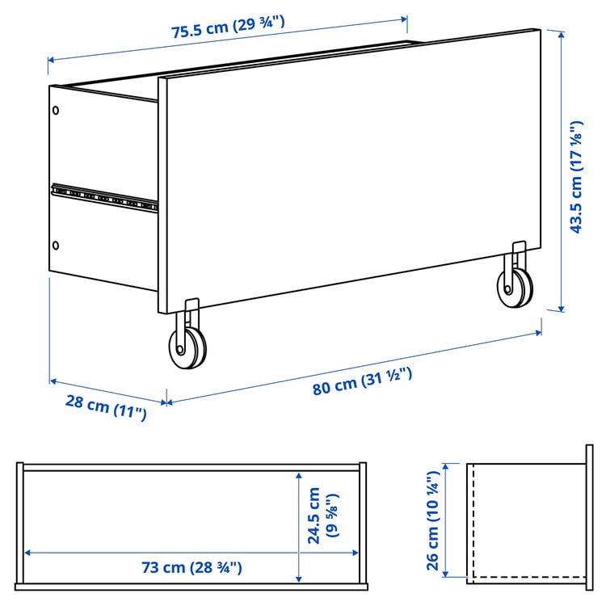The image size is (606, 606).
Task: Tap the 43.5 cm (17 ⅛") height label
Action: [576, 177]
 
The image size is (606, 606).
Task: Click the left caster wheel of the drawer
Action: [187, 347]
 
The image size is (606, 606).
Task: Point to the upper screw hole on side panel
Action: [55, 111]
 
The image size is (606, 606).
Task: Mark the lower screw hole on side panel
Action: [55, 244]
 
